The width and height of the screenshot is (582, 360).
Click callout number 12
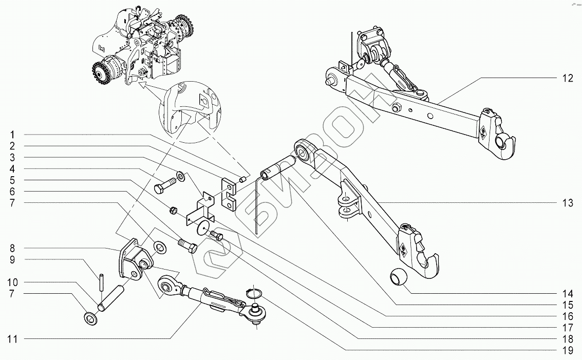click(567, 79)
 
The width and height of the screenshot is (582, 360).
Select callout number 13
click(567, 203)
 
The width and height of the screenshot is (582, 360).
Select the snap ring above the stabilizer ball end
click(253, 293)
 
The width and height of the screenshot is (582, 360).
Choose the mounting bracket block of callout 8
click(134, 259)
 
